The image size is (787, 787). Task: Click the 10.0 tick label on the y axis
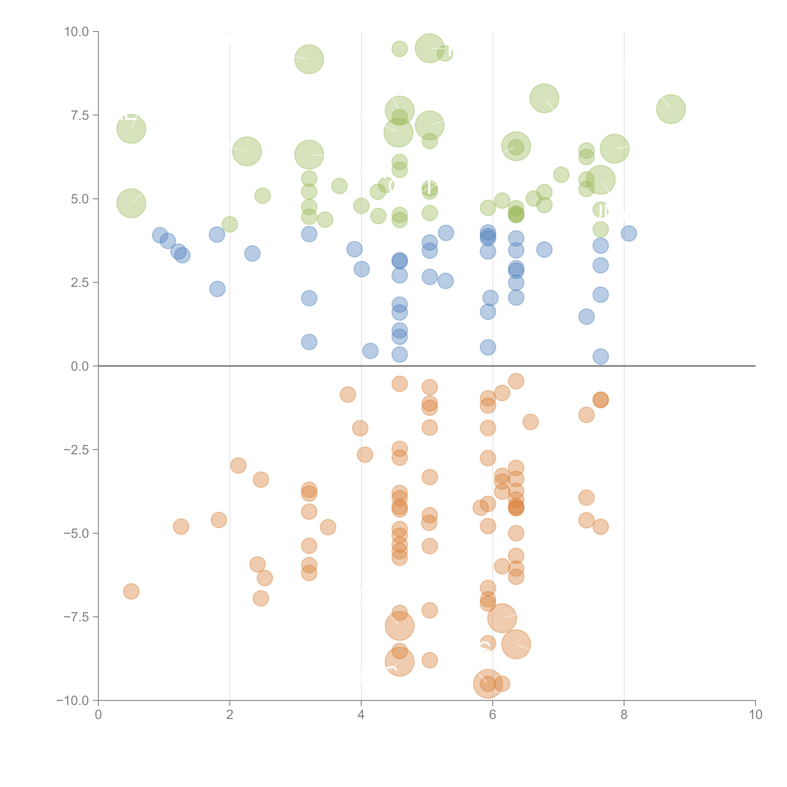pyautogui.click(x=77, y=32)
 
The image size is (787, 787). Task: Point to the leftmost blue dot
pyautogui.click(x=160, y=235)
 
